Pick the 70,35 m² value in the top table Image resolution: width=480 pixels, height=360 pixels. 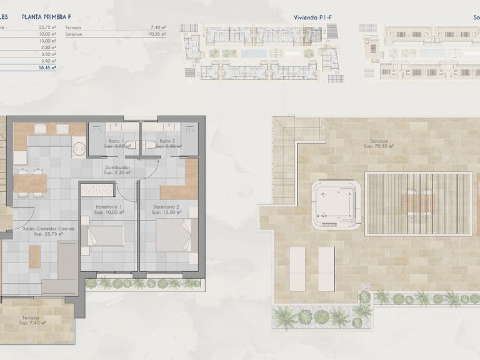click(158, 35)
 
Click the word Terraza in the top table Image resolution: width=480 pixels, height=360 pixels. click(90, 27)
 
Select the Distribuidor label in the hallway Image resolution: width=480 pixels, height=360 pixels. click(117, 169)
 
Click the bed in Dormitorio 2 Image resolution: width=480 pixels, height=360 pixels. click(176, 236)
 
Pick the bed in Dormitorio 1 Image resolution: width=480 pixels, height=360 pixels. click(103, 237)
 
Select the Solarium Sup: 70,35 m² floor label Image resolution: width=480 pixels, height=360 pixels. click(379, 144)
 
